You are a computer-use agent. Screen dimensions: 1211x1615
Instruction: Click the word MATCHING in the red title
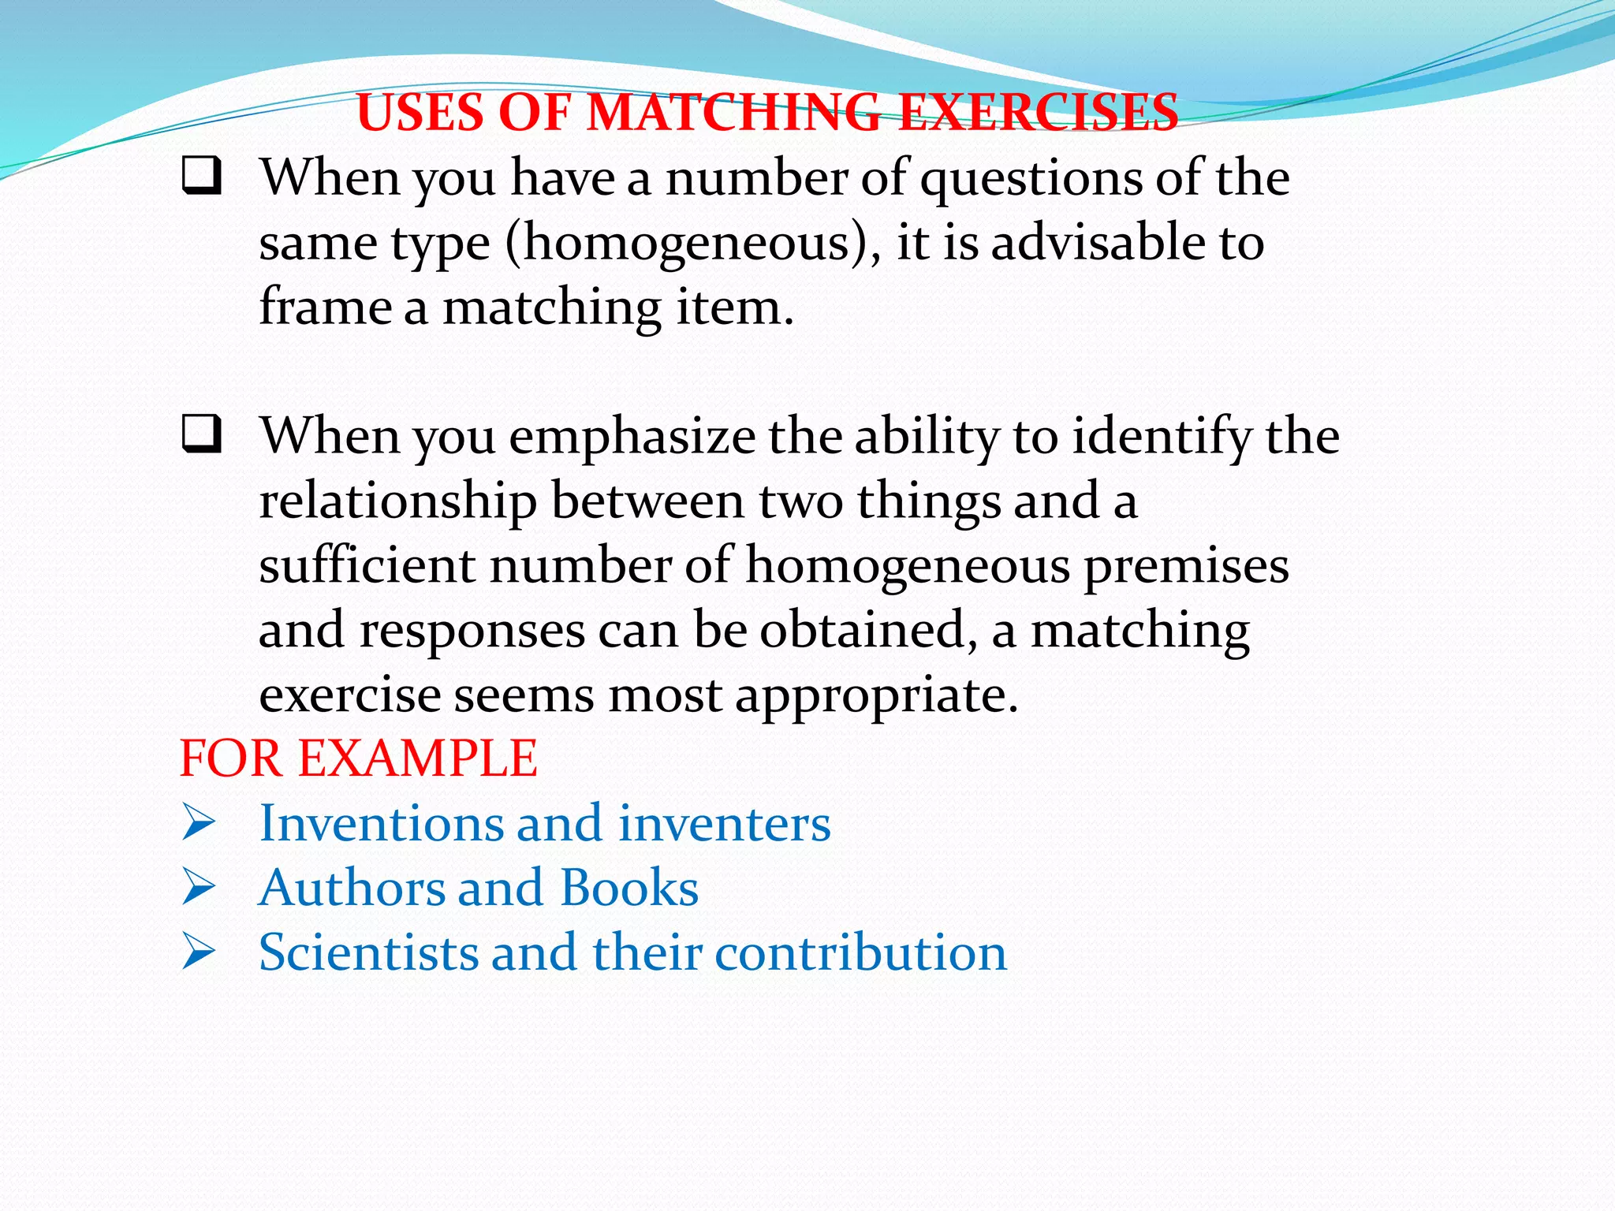(x=734, y=112)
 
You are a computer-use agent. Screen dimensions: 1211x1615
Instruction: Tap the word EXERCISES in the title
(x=1039, y=112)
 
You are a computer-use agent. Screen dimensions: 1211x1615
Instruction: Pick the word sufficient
(x=367, y=565)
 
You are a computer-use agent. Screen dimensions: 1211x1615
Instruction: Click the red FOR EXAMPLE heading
(x=359, y=758)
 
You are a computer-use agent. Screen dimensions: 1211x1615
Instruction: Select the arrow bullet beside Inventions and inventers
(x=198, y=823)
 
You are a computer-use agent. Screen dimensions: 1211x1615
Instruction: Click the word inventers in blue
(x=724, y=823)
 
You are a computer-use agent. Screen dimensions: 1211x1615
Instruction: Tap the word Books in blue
(x=628, y=888)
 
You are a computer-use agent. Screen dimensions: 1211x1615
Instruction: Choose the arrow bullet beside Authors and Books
(x=198, y=888)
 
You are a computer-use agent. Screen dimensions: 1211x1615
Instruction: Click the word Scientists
(x=368, y=952)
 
